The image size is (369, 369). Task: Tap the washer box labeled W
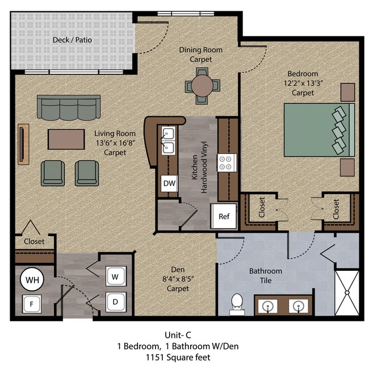(115, 277)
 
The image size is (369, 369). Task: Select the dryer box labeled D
(115, 301)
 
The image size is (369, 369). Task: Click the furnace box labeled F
(32, 304)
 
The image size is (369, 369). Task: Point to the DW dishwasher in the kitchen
(169, 183)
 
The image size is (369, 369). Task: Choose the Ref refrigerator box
(224, 216)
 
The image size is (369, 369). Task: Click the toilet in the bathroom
(237, 303)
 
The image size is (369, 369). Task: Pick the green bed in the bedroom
(319, 129)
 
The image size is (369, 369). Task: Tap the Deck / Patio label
(72, 40)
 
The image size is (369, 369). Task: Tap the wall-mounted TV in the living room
(23, 144)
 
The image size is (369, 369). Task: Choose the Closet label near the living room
(34, 241)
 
